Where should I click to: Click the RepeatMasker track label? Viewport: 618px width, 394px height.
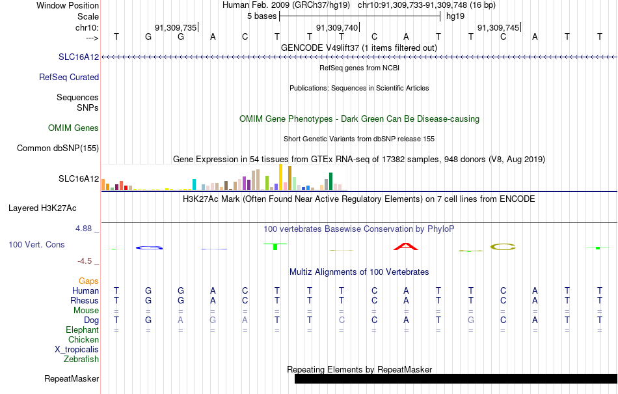pyautogui.click(x=72, y=378)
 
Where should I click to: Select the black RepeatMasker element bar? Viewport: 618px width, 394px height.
pyautogui.click(x=456, y=378)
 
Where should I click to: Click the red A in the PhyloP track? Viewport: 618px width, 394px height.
pyautogui.click(x=406, y=247)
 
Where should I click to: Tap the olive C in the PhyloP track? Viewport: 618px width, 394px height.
pyautogui.click(x=503, y=247)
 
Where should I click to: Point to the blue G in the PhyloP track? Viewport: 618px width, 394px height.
pyautogui.click(x=149, y=247)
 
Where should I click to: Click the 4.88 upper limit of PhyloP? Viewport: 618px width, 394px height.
pyautogui.click(x=83, y=229)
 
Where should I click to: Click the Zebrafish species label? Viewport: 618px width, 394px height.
pyautogui.click(x=81, y=359)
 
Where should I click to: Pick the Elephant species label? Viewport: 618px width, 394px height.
pyautogui.click(x=82, y=330)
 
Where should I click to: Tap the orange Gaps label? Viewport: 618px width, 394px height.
pyautogui.click(x=88, y=281)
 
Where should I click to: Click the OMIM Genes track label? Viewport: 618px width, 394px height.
pyautogui.click(x=74, y=128)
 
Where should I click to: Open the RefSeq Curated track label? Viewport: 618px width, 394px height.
pyautogui.click(x=69, y=77)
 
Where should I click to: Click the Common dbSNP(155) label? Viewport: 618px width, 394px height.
pyautogui.click(x=58, y=148)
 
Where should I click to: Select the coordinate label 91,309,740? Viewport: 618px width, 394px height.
pyautogui.click(x=337, y=27)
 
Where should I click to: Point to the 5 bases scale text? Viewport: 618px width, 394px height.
pyautogui.click(x=262, y=16)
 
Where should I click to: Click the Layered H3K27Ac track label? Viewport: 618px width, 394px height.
pyautogui.click(x=42, y=208)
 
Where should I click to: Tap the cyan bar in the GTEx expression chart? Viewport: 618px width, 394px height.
pyautogui.click(x=194, y=184)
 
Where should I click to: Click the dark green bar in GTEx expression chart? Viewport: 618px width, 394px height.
pyautogui.click(x=330, y=182)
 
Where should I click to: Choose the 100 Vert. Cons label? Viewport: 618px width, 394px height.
pyautogui.click(x=36, y=244)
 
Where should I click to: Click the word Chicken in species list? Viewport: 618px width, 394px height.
pyautogui.click(x=83, y=339)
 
